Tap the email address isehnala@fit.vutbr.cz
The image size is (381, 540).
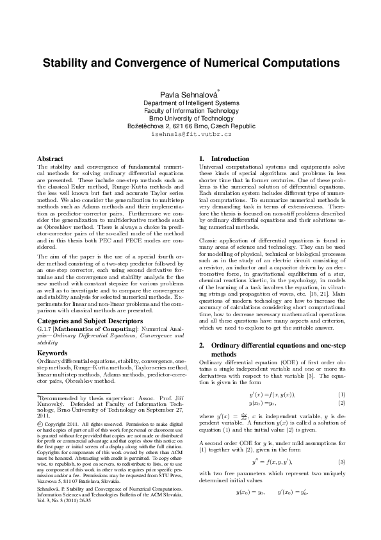[x=191, y=136]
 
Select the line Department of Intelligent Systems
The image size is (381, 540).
[x=191, y=103]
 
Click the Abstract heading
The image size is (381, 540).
[x=50, y=158]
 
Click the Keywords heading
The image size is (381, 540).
[x=52, y=353]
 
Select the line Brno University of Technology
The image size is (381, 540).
[x=191, y=119]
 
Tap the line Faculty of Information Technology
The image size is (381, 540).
[x=191, y=111]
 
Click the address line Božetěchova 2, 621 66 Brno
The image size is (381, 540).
[x=191, y=127]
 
